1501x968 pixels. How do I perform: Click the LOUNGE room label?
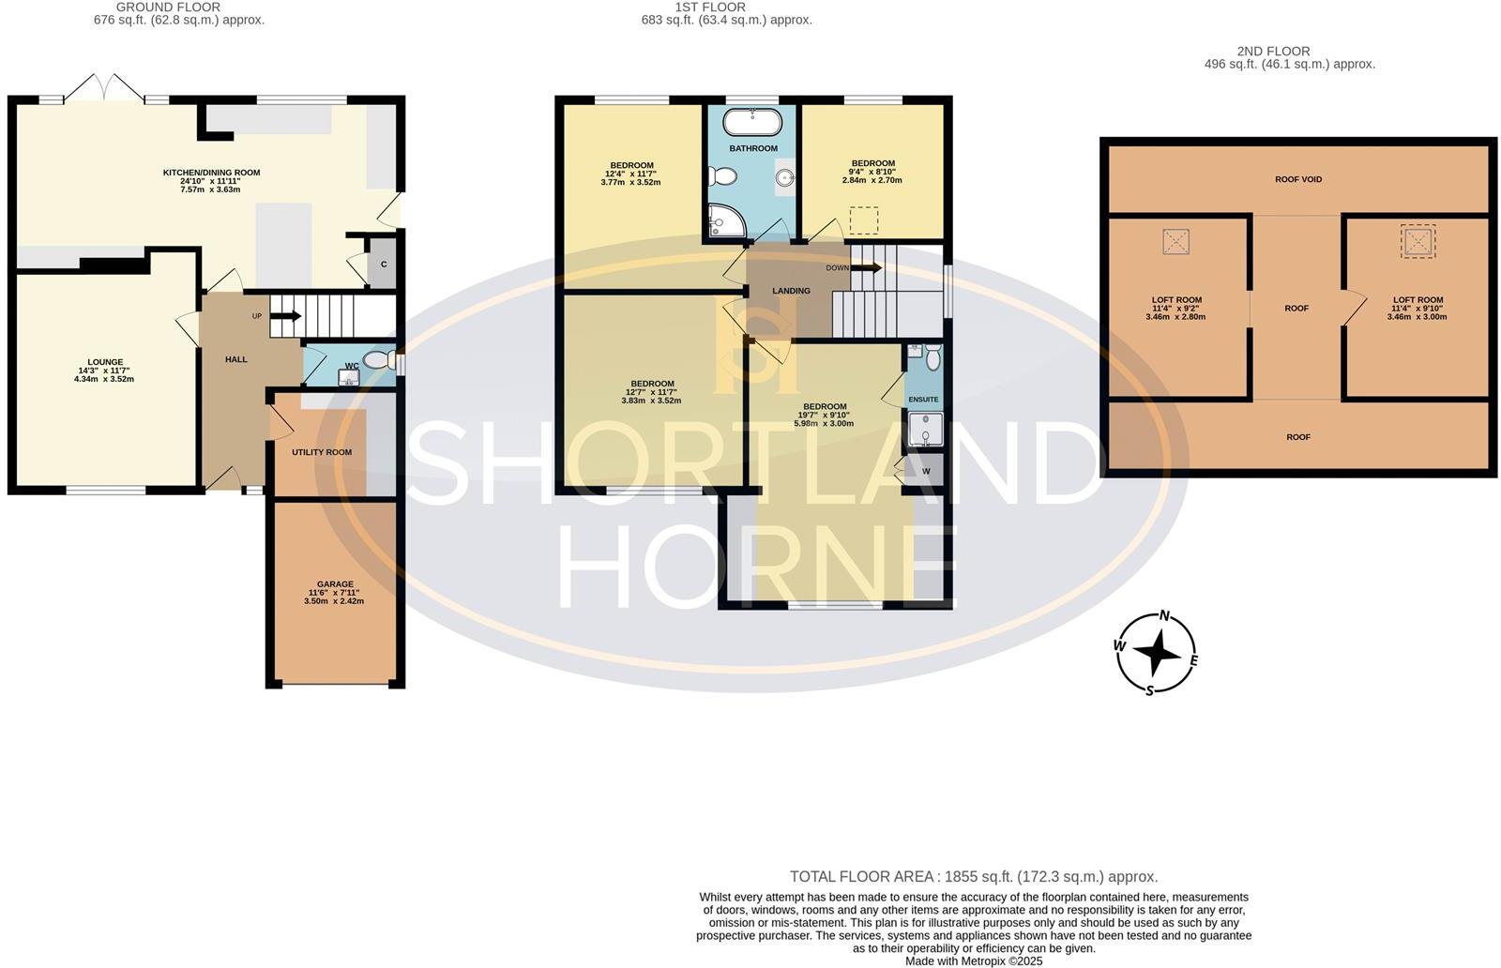(x=105, y=362)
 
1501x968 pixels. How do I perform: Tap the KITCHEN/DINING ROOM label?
(x=211, y=173)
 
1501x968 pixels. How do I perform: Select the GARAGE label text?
(x=335, y=584)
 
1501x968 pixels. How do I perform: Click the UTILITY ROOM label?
(x=322, y=452)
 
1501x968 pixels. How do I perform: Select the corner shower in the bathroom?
(x=724, y=219)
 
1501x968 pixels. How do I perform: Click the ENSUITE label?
(x=923, y=400)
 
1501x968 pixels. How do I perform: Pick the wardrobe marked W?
(x=926, y=471)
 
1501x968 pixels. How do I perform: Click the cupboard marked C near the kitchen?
(x=384, y=265)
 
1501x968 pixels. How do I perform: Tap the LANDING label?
(x=791, y=291)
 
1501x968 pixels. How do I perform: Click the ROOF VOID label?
(x=1298, y=179)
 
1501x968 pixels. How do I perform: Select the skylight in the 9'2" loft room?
(x=1175, y=242)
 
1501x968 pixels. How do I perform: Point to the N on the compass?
(x=1165, y=616)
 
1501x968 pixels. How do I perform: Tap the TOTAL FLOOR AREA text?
(x=973, y=877)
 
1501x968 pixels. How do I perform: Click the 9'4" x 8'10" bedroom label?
(x=872, y=163)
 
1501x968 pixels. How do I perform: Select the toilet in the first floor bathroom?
(x=723, y=175)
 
